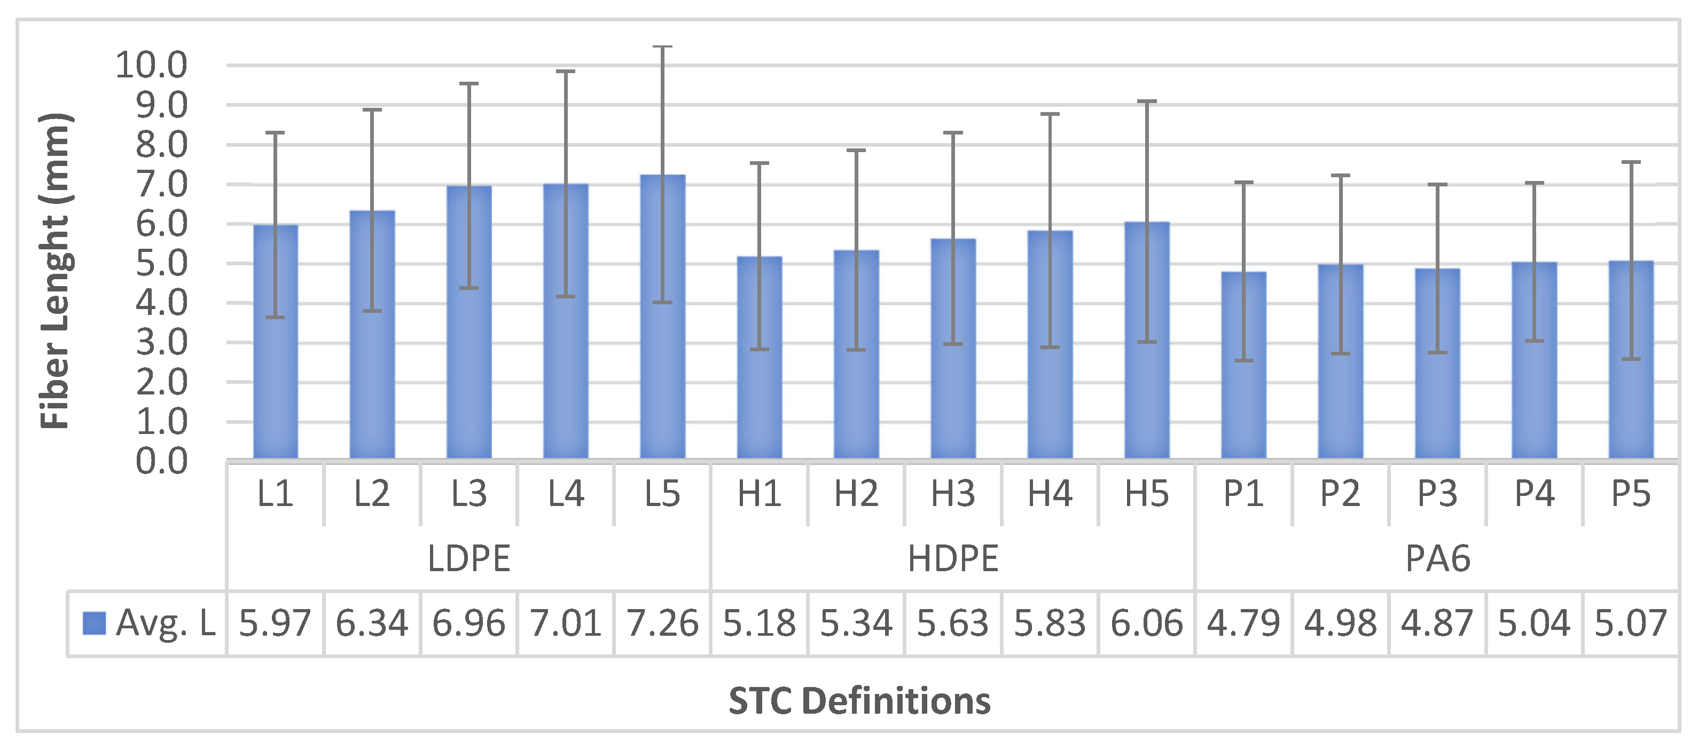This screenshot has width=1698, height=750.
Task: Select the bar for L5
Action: [662, 317]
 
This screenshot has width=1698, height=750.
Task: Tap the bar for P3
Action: [1437, 363]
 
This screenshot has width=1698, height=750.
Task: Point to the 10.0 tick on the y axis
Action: [152, 65]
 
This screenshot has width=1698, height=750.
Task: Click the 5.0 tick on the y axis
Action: [161, 264]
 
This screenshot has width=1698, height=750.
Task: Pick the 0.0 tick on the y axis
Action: [161, 461]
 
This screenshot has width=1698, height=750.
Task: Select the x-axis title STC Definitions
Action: [859, 700]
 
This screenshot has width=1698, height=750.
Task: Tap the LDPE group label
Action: [468, 559]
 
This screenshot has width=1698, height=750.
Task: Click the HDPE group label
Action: [953, 559]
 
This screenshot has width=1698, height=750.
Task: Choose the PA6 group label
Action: [1438, 559]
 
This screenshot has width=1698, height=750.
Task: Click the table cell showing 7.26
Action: [662, 623]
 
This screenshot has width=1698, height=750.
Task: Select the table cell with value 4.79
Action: [1243, 623]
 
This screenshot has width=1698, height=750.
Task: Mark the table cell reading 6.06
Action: [1146, 623]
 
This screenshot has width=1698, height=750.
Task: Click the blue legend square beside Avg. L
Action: [93, 623]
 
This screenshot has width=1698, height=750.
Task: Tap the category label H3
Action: [953, 494]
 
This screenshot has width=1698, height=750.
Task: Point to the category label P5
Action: [1631, 494]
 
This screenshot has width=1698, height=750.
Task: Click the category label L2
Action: [372, 494]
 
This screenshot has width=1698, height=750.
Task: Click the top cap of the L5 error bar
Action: [662, 47]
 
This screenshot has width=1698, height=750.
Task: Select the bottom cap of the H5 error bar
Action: [1147, 342]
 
